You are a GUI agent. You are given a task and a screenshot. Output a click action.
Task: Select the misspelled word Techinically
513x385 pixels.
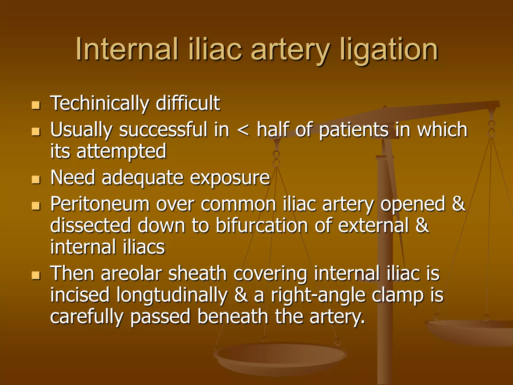point(100,103)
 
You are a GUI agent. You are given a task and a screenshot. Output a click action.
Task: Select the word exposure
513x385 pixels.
point(230,178)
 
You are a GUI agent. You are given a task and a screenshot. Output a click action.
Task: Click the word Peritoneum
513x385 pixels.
point(100,204)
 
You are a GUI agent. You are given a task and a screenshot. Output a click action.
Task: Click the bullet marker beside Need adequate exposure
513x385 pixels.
point(36,179)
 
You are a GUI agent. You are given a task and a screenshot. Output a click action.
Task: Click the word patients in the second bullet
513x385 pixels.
point(354,130)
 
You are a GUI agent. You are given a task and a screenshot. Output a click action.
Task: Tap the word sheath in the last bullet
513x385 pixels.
point(197,273)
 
